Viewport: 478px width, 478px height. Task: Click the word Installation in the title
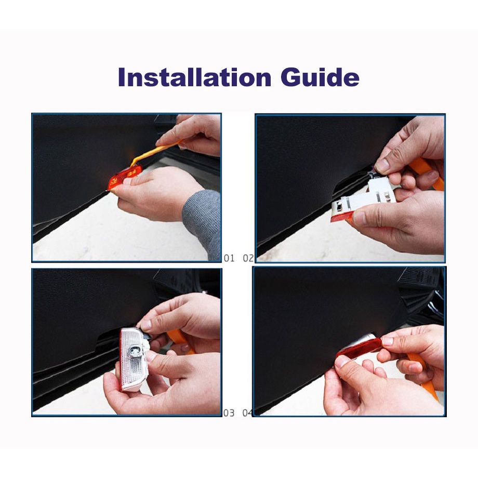(194, 77)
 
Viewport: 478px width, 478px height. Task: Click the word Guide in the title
(320, 77)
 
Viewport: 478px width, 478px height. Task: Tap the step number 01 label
(229, 258)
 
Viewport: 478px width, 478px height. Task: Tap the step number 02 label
(248, 258)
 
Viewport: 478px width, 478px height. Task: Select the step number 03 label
(229, 413)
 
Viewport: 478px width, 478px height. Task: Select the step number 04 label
(247, 413)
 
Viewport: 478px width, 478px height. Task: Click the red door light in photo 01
(125, 178)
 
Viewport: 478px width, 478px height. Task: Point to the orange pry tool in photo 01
(155, 152)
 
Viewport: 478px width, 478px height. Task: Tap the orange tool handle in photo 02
(427, 173)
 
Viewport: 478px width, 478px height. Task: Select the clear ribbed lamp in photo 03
(134, 359)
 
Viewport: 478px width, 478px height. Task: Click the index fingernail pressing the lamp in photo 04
(388, 341)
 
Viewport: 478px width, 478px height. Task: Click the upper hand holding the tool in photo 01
(192, 134)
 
